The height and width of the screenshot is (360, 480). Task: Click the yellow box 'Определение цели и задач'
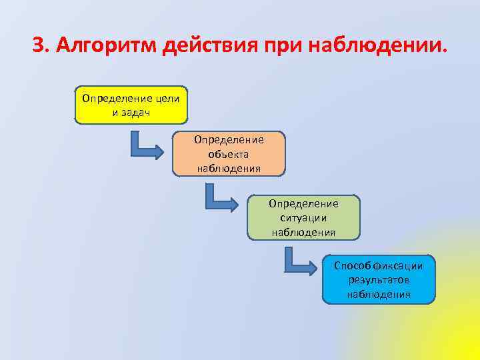[131, 105]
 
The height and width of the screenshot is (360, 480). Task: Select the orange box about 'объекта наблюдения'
[229, 153]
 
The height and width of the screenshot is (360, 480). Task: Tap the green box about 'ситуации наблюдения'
[303, 217]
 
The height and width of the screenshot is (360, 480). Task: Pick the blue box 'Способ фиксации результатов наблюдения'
[379, 279]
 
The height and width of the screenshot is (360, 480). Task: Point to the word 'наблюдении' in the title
[377, 46]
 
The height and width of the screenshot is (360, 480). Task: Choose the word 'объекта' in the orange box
[229, 153]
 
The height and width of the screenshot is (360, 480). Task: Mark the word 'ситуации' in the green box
[303, 217]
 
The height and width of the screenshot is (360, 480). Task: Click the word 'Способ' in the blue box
[349, 266]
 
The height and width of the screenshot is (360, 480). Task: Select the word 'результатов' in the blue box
[379, 280]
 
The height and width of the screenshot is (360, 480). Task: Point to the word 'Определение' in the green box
[303, 203]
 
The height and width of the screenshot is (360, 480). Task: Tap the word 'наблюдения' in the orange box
[229, 167]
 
